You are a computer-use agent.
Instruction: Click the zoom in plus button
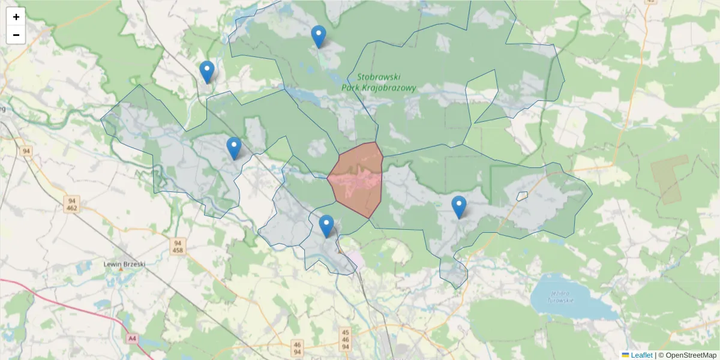click(x=16, y=17)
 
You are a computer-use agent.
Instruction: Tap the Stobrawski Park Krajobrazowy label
click(x=378, y=82)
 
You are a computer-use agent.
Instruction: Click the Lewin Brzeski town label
click(x=120, y=263)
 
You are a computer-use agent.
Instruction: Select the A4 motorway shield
click(x=132, y=339)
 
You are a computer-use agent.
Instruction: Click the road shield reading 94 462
click(x=72, y=204)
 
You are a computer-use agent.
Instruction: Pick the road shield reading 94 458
click(x=177, y=246)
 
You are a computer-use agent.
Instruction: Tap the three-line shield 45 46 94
click(x=345, y=339)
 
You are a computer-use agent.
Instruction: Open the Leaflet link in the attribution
click(x=641, y=355)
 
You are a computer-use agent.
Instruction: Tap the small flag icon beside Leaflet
click(x=625, y=355)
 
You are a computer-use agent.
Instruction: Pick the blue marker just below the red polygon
click(x=326, y=226)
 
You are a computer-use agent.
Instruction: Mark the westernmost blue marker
click(x=207, y=72)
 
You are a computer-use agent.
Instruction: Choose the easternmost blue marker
click(x=459, y=207)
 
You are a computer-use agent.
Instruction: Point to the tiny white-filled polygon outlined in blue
click(x=522, y=196)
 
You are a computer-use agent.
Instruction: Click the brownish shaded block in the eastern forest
click(x=670, y=178)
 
